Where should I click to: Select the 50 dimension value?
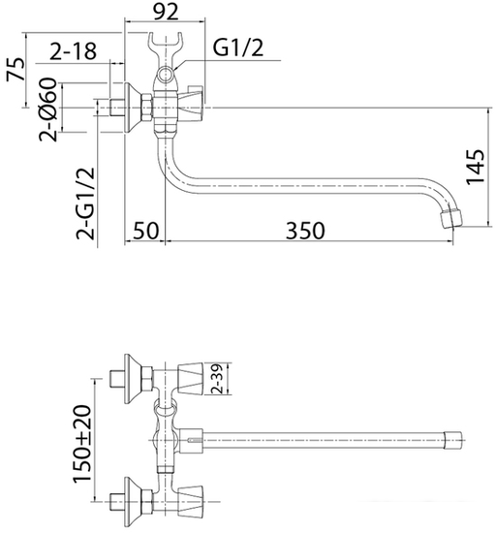(x=145, y=231)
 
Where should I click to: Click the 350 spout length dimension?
(x=304, y=231)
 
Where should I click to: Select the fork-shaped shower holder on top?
(x=167, y=48)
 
